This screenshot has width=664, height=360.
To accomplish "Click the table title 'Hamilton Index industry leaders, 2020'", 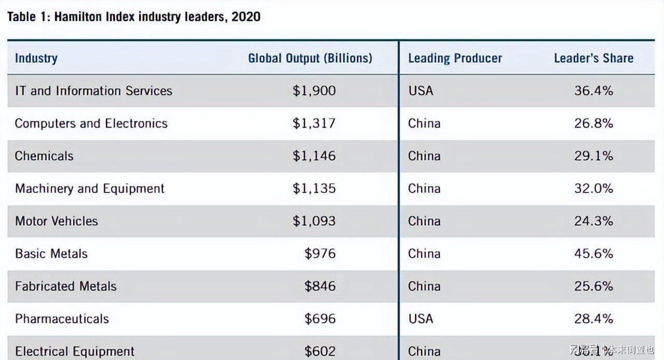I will click(x=134, y=17).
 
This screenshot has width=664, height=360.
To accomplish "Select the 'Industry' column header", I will click(x=36, y=58).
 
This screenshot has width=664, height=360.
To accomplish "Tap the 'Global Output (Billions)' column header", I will click(x=310, y=58).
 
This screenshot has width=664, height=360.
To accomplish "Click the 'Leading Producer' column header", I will click(x=455, y=58).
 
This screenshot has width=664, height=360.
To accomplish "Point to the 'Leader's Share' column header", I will click(x=593, y=58).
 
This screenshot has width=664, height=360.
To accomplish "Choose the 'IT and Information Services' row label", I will click(x=93, y=91).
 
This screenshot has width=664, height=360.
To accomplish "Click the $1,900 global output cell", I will click(x=314, y=91).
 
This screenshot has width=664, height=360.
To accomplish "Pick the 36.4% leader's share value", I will click(x=593, y=91).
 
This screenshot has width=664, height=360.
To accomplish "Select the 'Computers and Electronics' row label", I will click(x=91, y=123).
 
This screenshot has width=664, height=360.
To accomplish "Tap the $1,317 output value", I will click(x=314, y=123).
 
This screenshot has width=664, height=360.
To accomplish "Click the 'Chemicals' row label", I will click(x=44, y=156).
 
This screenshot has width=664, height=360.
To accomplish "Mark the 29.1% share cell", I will click(x=593, y=156).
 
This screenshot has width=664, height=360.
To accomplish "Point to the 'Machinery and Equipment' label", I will click(x=90, y=189).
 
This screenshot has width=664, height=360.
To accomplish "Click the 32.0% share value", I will click(x=593, y=189).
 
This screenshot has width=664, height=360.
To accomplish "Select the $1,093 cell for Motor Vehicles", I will click(x=314, y=221).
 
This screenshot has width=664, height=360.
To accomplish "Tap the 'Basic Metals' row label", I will click(x=51, y=254).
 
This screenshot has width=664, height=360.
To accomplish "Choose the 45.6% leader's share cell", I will click(x=593, y=254).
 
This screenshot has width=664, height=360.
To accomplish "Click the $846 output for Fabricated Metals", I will click(x=320, y=286).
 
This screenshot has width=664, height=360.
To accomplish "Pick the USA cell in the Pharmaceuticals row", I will click(x=420, y=319).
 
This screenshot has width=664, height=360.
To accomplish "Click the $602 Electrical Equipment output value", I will click(x=320, y=351).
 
